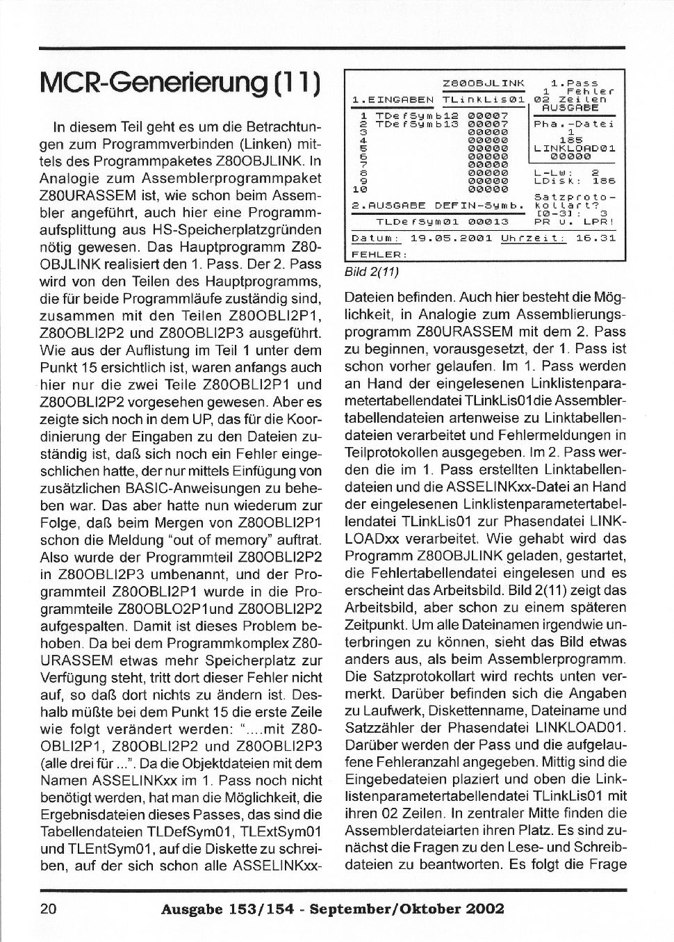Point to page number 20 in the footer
pos(50,909)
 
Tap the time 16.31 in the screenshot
pos(596,238)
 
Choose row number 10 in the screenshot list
pos(359,188)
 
